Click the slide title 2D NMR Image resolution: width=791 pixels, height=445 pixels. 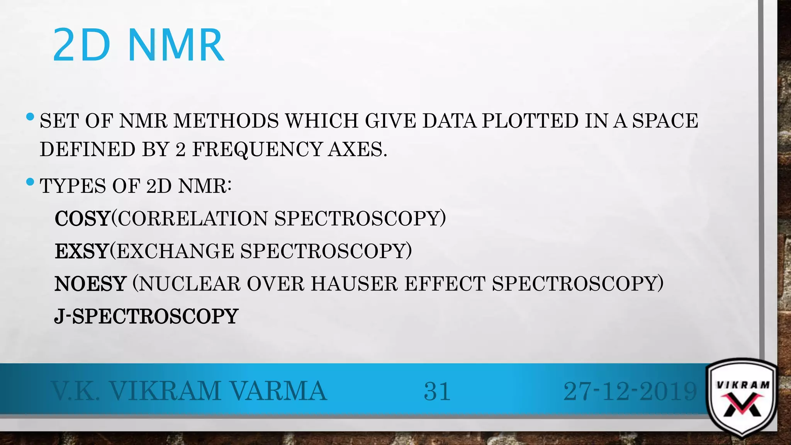(138, 45)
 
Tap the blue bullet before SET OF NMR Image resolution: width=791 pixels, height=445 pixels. (30, 116)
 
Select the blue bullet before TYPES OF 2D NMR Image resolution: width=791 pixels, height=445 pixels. (30, 182)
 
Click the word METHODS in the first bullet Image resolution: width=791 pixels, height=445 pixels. (226, 121)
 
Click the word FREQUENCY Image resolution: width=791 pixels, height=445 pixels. (257, 150)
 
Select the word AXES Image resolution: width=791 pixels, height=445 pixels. (357, 150)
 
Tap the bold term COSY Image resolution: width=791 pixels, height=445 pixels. (82, 219)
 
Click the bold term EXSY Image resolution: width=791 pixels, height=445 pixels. (81, 251)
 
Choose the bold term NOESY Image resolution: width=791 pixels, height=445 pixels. (90, 284)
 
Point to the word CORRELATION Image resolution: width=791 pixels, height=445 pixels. (192, 219)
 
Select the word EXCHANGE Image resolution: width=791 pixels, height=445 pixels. (175, 251)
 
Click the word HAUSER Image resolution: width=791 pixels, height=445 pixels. (354, 284)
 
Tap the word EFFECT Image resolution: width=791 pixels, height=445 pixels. (445, 284)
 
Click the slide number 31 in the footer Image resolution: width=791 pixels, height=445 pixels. (437, 391)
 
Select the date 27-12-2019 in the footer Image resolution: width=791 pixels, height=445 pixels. (630, 391)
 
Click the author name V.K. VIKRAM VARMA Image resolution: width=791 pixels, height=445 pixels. (189, 391)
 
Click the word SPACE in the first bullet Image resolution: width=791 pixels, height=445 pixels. (665, 121)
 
